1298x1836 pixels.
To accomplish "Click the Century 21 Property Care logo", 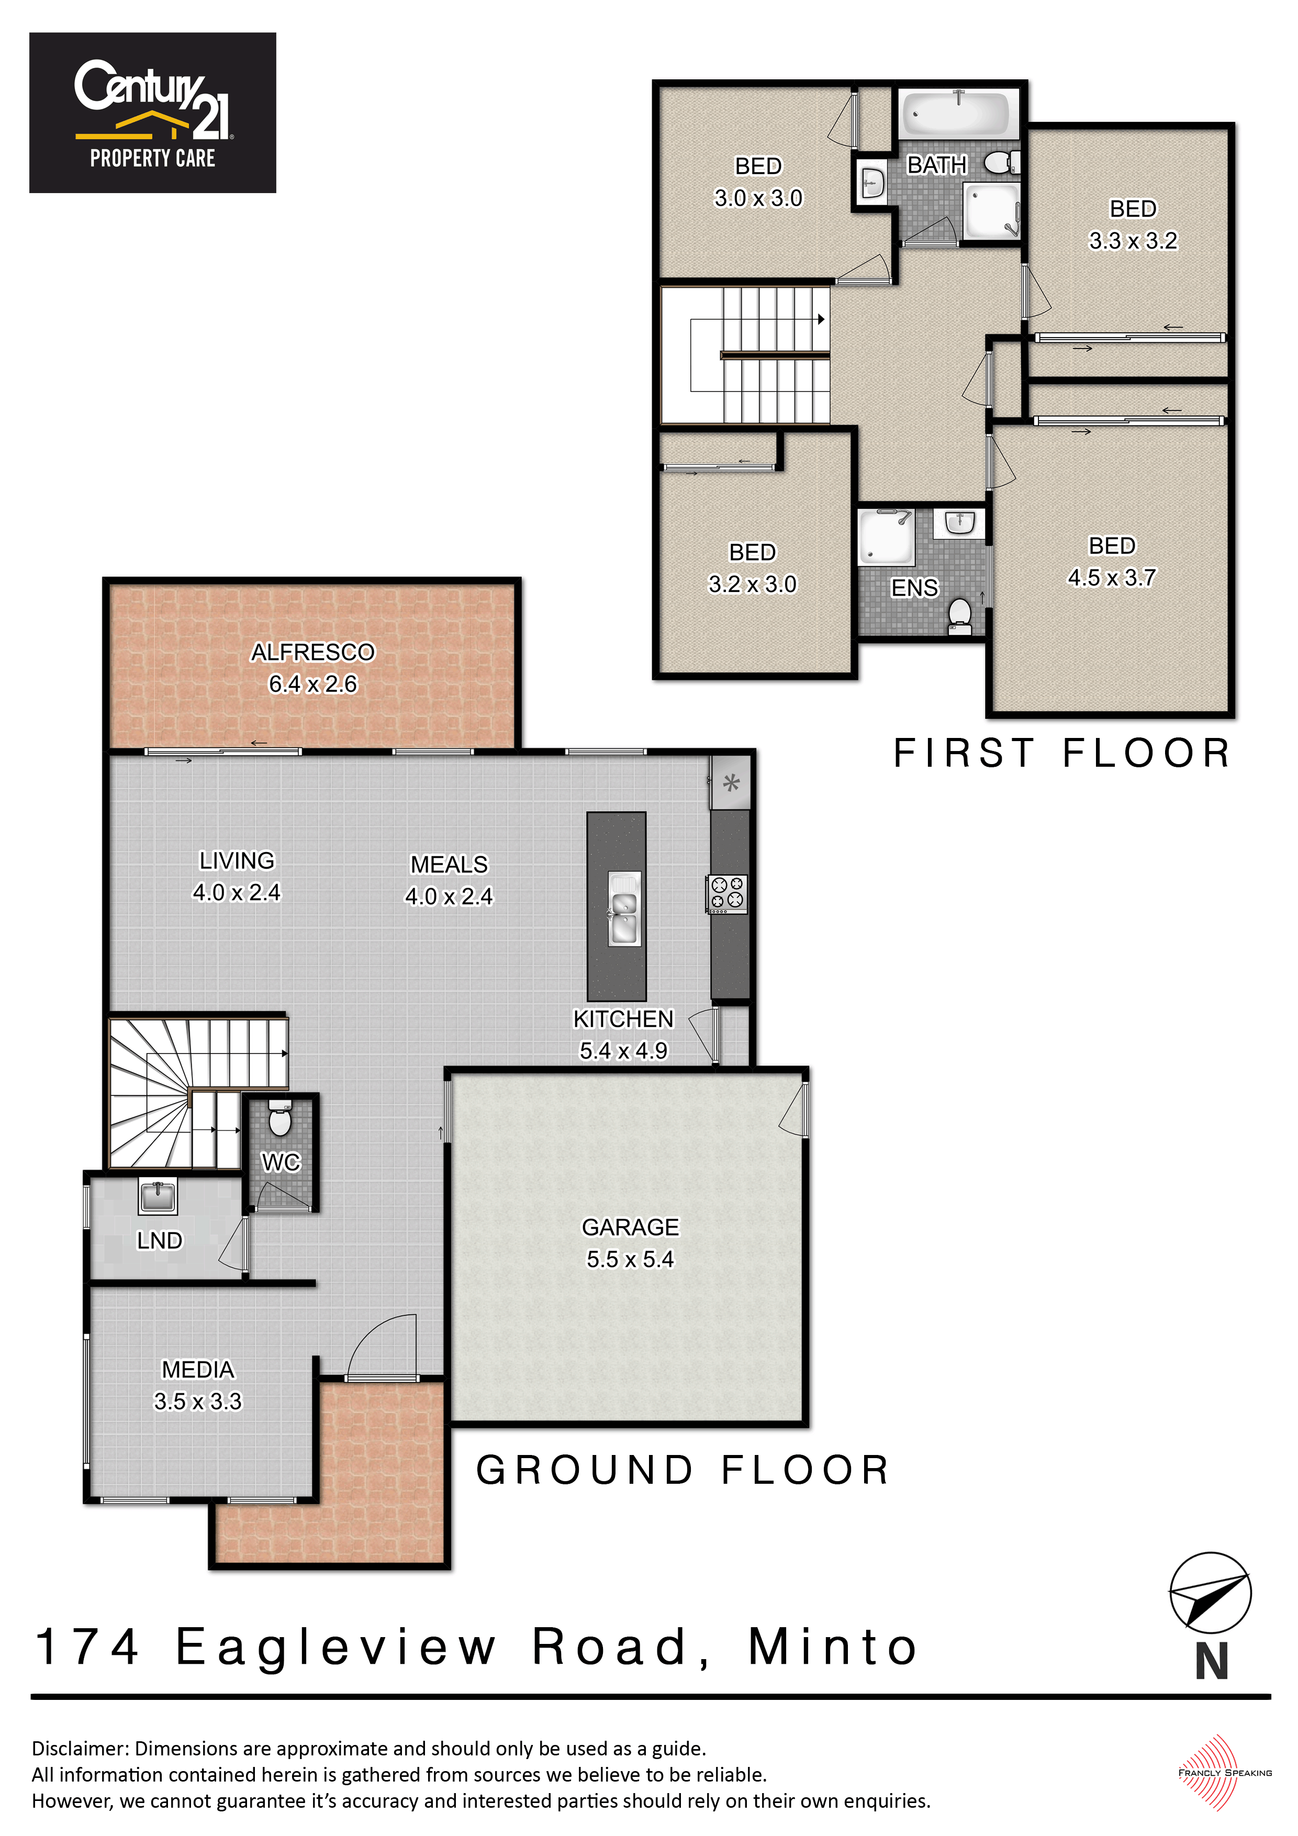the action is coord(153,113).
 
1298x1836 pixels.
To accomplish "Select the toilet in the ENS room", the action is coord(960,617).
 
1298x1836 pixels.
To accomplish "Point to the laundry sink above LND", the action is coord(158,1197).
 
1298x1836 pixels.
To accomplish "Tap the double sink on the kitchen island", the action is coord(624,909).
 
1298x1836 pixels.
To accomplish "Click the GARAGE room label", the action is coord(630,1227).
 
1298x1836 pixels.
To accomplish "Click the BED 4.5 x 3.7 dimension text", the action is coord(1112,577).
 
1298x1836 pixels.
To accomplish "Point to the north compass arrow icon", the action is coord(1210,1592).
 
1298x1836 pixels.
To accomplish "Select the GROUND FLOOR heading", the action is coord(682,1470).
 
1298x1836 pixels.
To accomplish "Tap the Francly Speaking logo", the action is coord(1224,1772).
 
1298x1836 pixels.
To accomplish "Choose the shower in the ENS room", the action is coord(886,536).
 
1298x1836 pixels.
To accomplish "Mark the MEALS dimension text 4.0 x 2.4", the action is coord(449,897).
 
